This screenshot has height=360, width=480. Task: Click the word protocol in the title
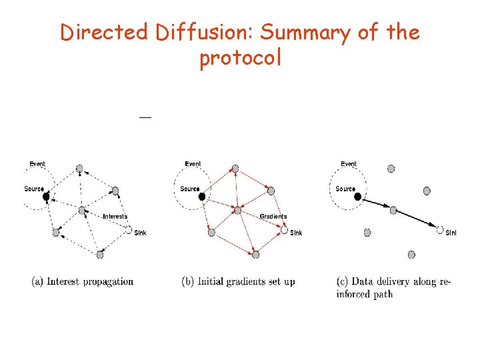tap(240, 58)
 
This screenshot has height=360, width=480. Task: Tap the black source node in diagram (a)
tap(46, 197)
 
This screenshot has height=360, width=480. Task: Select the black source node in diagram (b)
tap(202, 197)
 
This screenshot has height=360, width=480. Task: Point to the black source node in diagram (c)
tap(358, 197)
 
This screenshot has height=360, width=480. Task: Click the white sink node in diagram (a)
tap(129, 230)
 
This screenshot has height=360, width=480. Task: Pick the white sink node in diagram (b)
tap(285, 230)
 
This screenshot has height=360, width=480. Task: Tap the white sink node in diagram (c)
tap(440, 230)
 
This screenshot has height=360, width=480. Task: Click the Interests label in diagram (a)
tap(115, 217)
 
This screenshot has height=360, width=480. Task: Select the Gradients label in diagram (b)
tap(273, 217)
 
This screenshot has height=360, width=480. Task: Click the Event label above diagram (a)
tap(37, 164)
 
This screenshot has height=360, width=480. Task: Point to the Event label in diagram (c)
tap(349, 164)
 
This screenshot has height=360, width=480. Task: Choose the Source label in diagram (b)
tap(190, 189)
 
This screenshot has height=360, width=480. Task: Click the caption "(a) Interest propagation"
tap(83, 281)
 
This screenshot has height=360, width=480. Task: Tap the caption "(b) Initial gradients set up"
tap(238, 281)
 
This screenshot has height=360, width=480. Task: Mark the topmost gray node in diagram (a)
tap(79, 168)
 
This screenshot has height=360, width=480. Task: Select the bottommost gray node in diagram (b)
tap(255, 254)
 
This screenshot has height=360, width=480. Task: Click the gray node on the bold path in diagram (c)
tap(393, 210)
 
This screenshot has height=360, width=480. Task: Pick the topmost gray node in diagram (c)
tap(391, 168)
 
